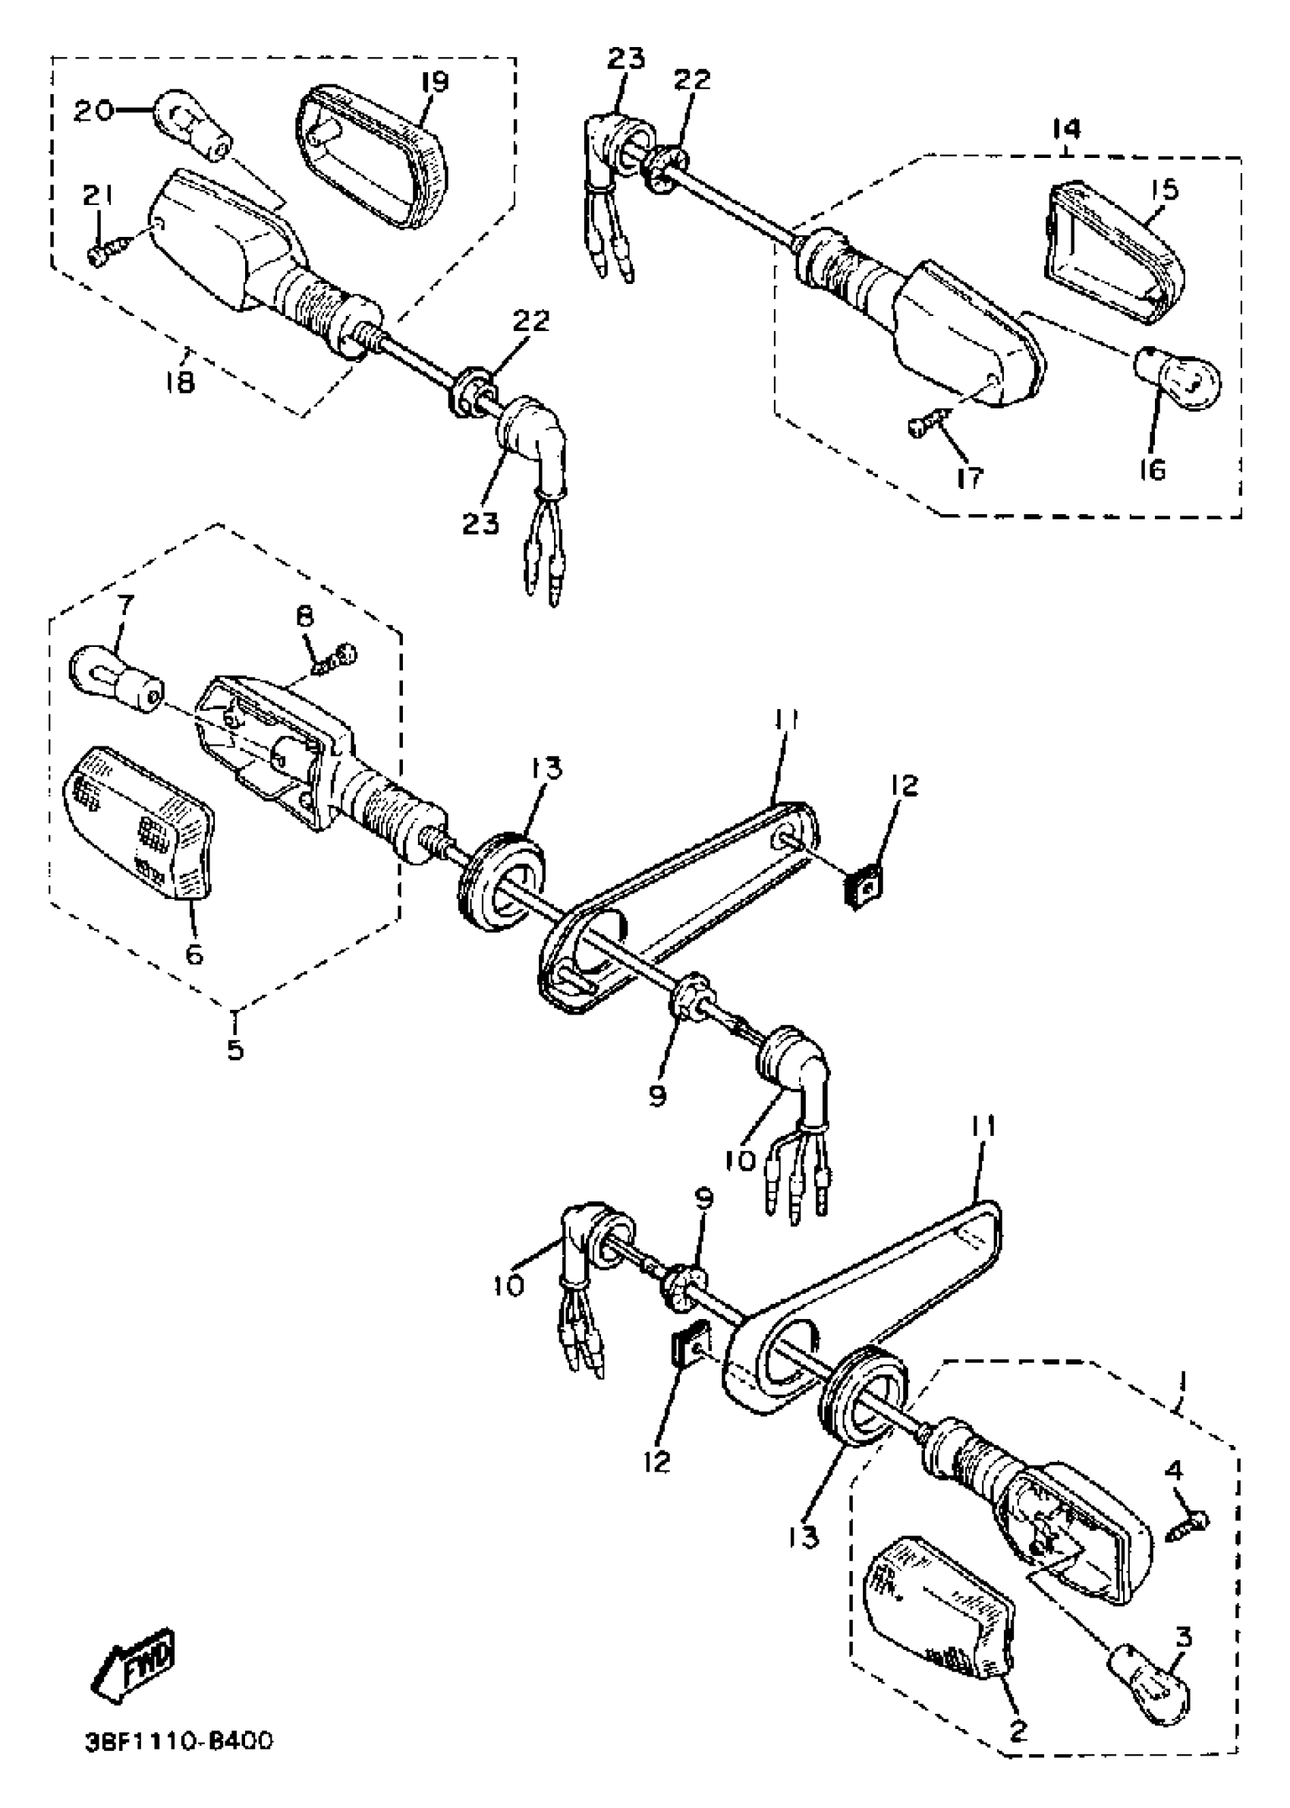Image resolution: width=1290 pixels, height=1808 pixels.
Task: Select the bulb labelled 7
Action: (x=116, y=679)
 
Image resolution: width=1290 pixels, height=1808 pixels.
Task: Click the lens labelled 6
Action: (x=139, y=822)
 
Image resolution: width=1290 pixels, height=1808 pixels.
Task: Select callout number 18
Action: (x=181, y=382)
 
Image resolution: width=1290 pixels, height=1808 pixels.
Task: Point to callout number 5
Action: (x=235, y=1049)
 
